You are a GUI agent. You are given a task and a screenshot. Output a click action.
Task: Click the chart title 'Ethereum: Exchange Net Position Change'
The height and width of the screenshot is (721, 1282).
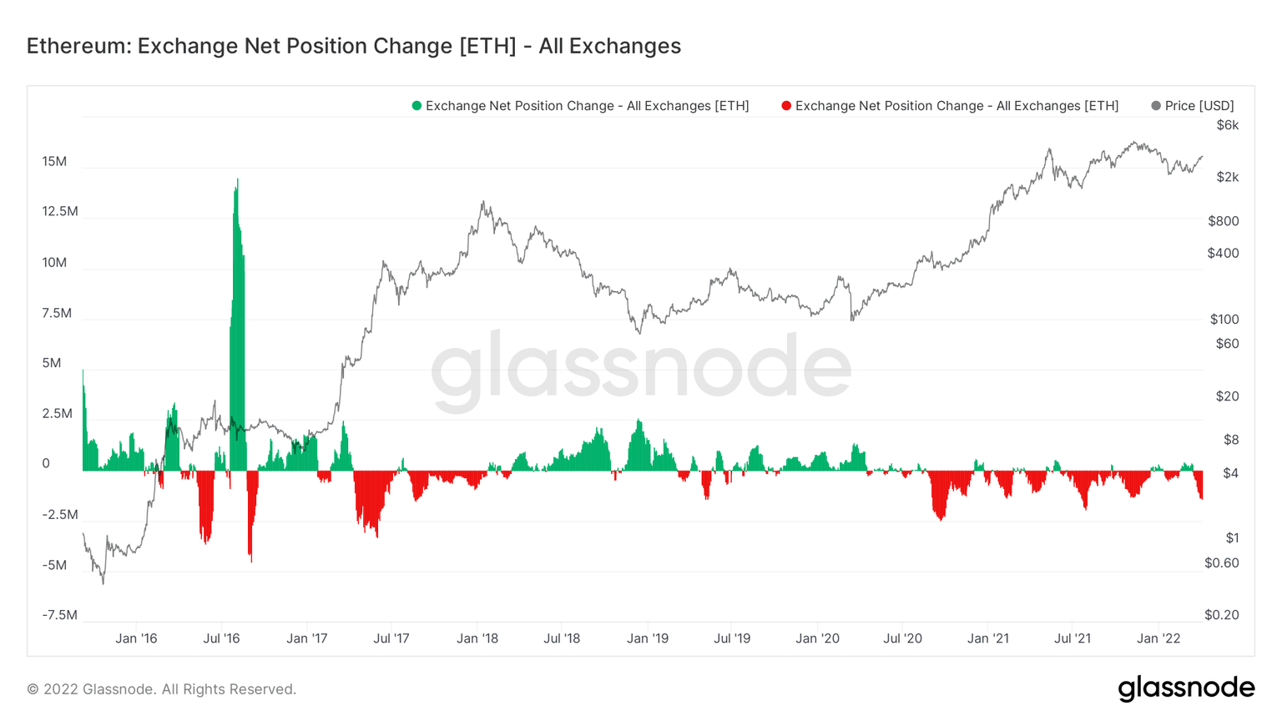(x=353, y=46)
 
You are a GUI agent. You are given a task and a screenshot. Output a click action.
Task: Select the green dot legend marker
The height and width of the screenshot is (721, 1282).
(x=416, y=106)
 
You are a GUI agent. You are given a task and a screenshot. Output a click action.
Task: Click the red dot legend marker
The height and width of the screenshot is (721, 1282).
(x=786, y=106)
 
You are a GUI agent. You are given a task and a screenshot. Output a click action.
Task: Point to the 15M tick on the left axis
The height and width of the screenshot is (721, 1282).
(x=54, y=161)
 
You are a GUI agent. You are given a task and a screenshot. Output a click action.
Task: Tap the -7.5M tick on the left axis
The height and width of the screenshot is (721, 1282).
(x=59, y=615)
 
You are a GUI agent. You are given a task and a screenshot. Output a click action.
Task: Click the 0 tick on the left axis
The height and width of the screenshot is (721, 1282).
(x=46, y=464)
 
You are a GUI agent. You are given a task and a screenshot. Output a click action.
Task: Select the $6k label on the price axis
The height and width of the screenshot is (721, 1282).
(x=1227, y=125)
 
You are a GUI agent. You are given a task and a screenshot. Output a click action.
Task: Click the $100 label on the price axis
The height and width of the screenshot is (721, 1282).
(x=1224, y=320)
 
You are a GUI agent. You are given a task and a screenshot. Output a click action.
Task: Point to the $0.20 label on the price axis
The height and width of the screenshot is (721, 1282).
(x=1221, y=615)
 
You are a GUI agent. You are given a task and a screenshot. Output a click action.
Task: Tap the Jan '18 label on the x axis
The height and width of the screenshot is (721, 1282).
(x=477, y=638)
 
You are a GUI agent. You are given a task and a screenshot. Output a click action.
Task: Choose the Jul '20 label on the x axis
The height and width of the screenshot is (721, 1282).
(x=902, y=638)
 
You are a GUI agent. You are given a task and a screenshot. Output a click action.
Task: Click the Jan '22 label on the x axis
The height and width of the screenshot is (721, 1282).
(x=1158, y=638)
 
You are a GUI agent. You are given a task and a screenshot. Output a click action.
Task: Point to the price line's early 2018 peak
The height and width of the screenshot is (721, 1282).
(x=482, y=203)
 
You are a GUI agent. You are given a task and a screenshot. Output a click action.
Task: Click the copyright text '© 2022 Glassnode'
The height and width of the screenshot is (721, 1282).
(x=161, y=689)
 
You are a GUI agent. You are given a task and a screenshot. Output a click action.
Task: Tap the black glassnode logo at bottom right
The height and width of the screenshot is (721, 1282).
(x=1186, y=688)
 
